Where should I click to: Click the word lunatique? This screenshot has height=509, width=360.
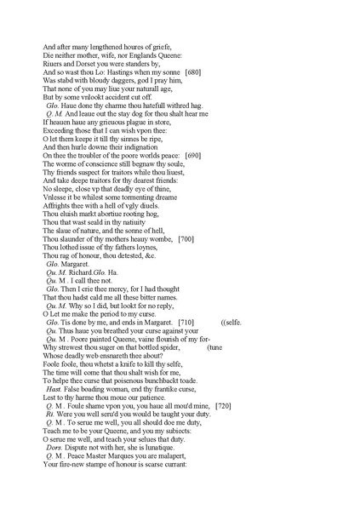tap(155, 447)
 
